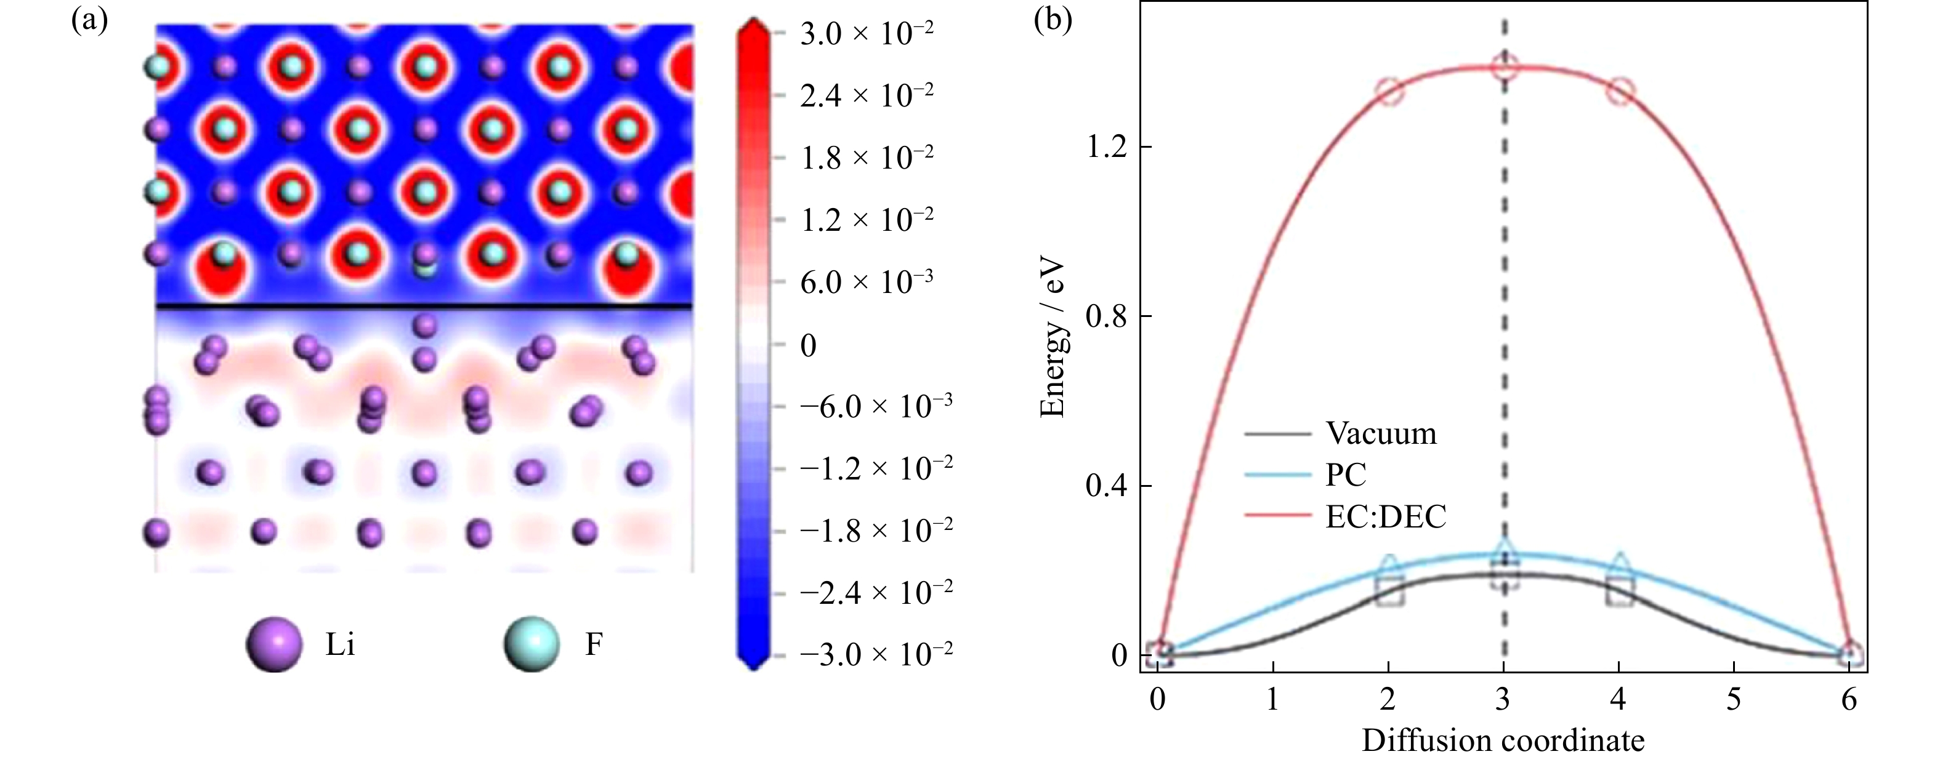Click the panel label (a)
pos(89,20)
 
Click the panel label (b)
pos(1052,20)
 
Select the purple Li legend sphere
pos(274,644)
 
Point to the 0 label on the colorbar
pos(808,346)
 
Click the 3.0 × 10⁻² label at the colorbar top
pos(866,34)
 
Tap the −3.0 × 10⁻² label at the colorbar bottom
pos(876,654)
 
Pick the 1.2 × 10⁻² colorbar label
pos(866,220)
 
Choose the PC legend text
pos(1345,475)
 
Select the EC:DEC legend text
pos(1386,516)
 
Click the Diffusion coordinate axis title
pos(1503,741)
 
